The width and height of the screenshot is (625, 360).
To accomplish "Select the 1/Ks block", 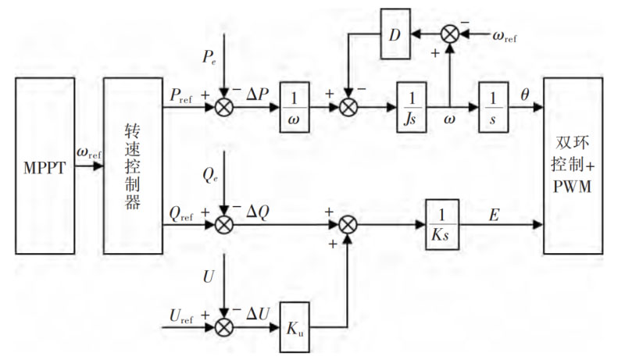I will point(441,224).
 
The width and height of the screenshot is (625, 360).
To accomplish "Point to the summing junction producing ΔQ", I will point(224,224).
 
